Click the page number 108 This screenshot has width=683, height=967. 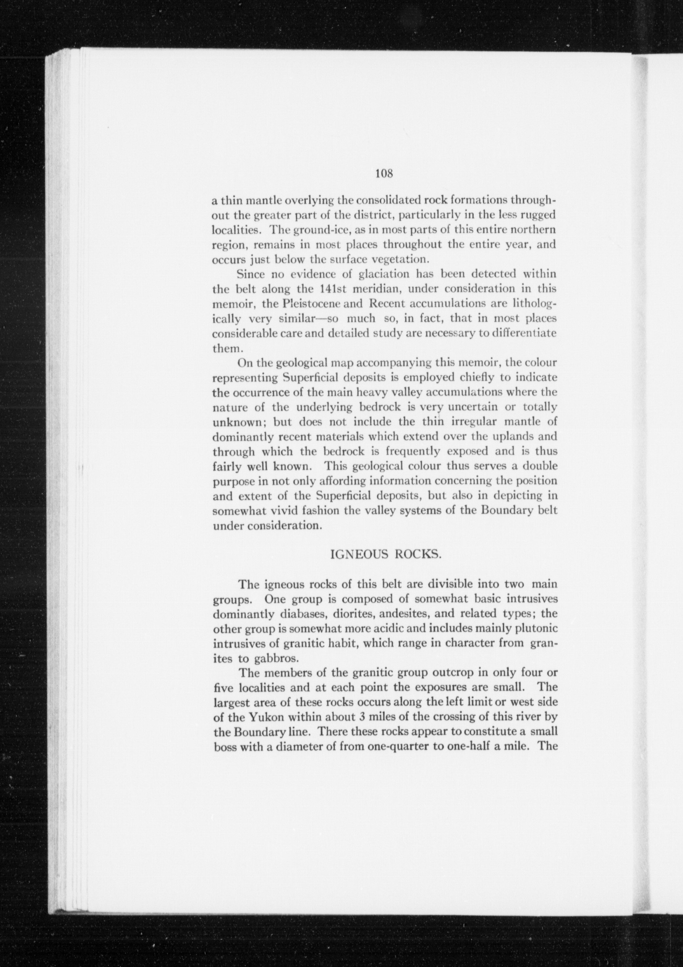coord(384,173)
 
